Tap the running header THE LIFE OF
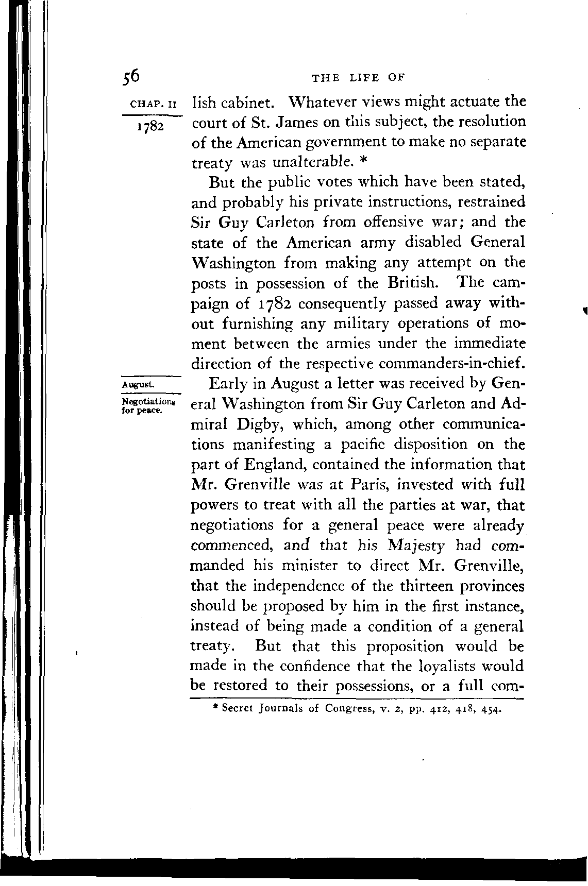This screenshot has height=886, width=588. tap(358, 78)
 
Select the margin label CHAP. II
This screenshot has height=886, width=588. tap(154, 104)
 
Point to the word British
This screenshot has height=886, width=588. tap(417, 283)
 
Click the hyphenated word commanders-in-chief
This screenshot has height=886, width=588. tap(452, 363)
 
